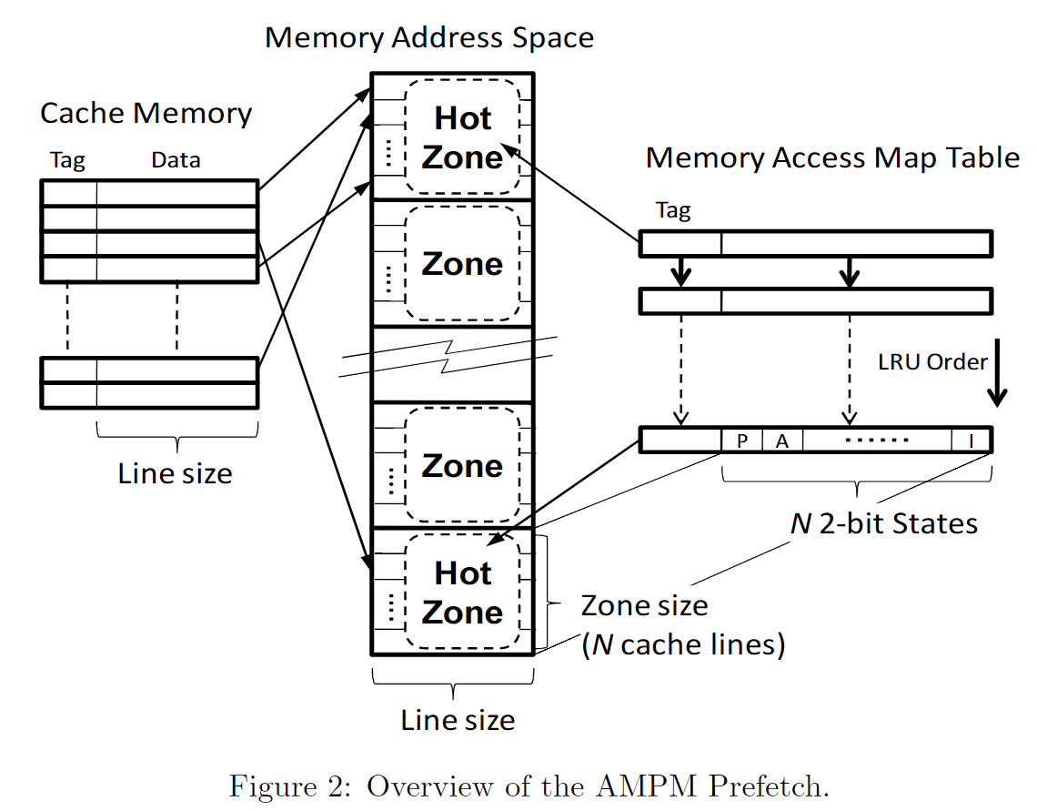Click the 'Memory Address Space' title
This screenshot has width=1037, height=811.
coord(428,38)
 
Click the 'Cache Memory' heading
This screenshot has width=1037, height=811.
coord(146,114)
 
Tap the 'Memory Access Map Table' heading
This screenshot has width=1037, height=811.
coord(832,157)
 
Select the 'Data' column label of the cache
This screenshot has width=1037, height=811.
coord(176,161)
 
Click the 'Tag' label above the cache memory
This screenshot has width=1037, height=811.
coord(67,161)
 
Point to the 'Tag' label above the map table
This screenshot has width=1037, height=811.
coord(673,211)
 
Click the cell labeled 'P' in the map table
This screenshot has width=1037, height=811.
coord(742,441)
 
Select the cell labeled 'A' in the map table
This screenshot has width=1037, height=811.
coord(781,441)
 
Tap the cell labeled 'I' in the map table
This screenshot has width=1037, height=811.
coord(971,441)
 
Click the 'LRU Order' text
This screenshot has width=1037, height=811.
coord(932,362)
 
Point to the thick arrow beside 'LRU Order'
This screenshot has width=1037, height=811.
coord(998,373)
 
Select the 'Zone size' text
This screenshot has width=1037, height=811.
coord(644,605)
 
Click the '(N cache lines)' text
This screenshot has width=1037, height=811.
coord(683,644)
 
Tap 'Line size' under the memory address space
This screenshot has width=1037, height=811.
coord(458,721)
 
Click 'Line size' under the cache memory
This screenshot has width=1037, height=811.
coord(175,474)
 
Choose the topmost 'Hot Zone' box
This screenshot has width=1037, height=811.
coord(462,137)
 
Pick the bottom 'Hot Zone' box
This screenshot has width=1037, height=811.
coord(462,593)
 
